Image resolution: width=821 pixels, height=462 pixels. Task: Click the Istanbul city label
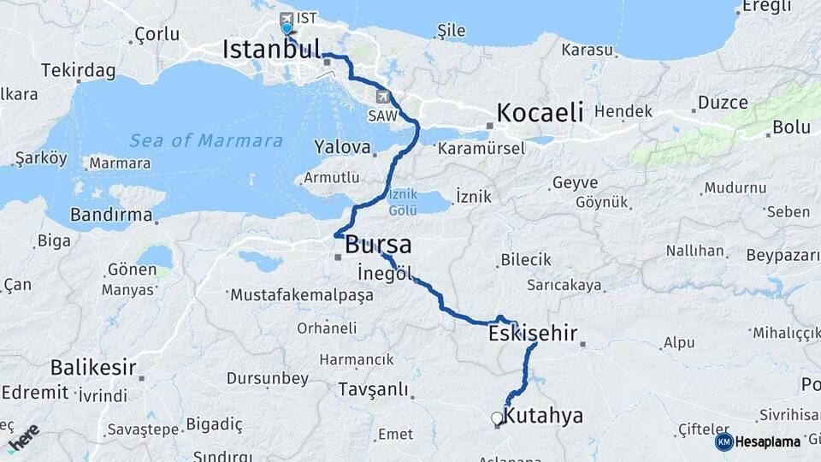coord(271,49)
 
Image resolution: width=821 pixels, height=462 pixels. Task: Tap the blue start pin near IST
coord(286,28)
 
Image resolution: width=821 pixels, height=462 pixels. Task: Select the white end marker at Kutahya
coord(496,418)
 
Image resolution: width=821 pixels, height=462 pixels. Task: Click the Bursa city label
coord(378,245)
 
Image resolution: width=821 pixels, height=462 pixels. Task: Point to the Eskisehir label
coord(533,333)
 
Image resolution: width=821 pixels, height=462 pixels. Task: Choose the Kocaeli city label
coord(540,112)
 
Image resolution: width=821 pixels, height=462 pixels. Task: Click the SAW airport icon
coord(382,97)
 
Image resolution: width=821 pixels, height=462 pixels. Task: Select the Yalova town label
coord(342,146)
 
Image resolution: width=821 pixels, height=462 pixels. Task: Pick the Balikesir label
coord(93,368)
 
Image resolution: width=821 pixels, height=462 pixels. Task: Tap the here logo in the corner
coord(23,437)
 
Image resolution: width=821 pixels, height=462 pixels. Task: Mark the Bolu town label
coord(791,127)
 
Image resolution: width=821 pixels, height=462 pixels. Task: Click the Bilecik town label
coord(526,259)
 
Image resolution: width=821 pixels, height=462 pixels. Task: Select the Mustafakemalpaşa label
coord(302,295)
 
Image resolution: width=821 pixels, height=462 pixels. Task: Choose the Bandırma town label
coord(110,215)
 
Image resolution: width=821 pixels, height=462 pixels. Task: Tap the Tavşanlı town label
coord(373,389)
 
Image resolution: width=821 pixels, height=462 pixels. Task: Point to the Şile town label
coord(451,31)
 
